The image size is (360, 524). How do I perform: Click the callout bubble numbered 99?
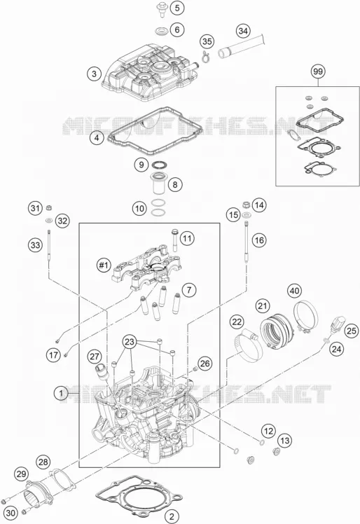point(318,71)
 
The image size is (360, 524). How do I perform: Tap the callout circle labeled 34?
point(243,31)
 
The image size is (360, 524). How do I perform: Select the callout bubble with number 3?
point(95,74)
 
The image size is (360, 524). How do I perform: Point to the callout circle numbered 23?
point(130,342)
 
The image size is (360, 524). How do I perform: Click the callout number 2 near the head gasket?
point(172,516)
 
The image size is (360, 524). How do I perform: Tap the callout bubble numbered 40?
point(294,291)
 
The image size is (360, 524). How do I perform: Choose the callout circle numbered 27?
point(95,357)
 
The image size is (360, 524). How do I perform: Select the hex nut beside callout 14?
point(246,204)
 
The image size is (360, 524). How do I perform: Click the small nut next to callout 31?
point(48,207)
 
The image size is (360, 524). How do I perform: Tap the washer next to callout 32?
point(49,220)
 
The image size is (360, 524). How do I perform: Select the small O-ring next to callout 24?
point(326,340)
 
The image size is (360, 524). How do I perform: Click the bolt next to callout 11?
point(175,240)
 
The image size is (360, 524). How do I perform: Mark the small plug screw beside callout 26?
point(195,368)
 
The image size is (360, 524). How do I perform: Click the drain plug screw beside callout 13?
point(276,453)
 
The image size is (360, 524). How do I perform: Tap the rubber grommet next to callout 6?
point(162,31)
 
